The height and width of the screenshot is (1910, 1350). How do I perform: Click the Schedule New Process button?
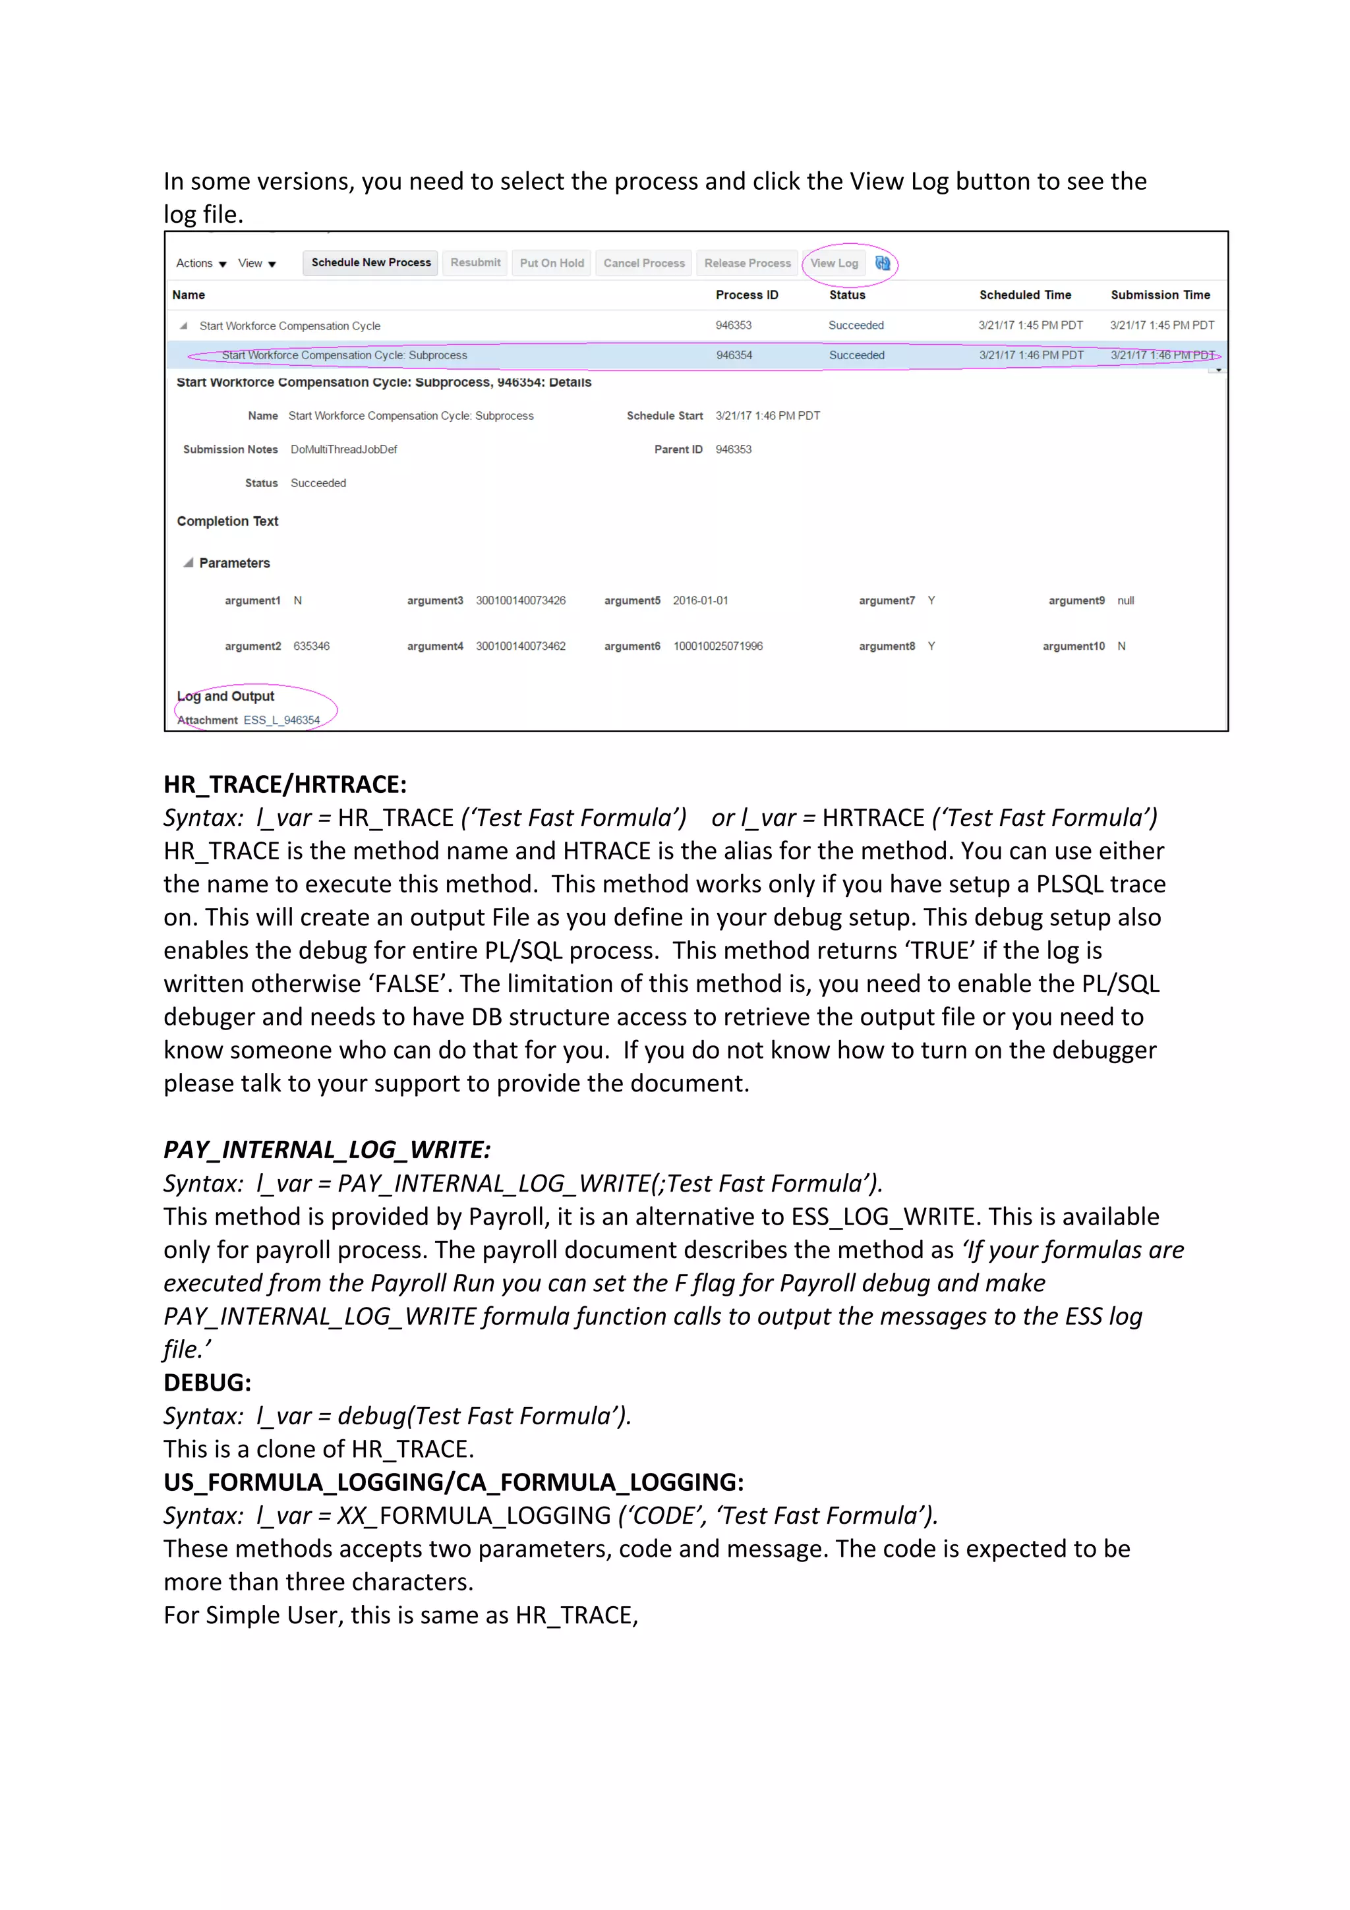370,263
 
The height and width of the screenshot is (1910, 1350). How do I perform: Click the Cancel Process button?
644,263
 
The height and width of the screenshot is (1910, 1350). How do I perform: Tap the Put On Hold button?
552,263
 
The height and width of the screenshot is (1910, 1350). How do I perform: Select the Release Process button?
747,263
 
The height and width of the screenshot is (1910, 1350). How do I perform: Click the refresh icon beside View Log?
883,263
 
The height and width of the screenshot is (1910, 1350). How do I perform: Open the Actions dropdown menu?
200,264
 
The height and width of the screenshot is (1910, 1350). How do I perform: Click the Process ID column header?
746,295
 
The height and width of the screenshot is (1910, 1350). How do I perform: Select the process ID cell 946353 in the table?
733,326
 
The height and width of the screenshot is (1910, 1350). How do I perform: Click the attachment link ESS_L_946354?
281,720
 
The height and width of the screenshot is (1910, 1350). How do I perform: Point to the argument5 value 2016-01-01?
699,600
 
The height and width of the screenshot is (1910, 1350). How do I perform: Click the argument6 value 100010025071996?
717,647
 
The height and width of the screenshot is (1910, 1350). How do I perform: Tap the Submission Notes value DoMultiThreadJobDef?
343,449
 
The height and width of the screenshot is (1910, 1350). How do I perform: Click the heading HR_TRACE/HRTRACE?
285,784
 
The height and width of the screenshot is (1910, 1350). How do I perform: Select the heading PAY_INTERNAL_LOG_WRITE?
327,1149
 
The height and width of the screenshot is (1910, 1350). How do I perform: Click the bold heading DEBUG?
207,1383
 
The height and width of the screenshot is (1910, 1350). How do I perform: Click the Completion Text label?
227,521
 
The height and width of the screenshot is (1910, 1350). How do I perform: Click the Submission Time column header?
1159,295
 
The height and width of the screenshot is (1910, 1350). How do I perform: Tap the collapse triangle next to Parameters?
189,564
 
